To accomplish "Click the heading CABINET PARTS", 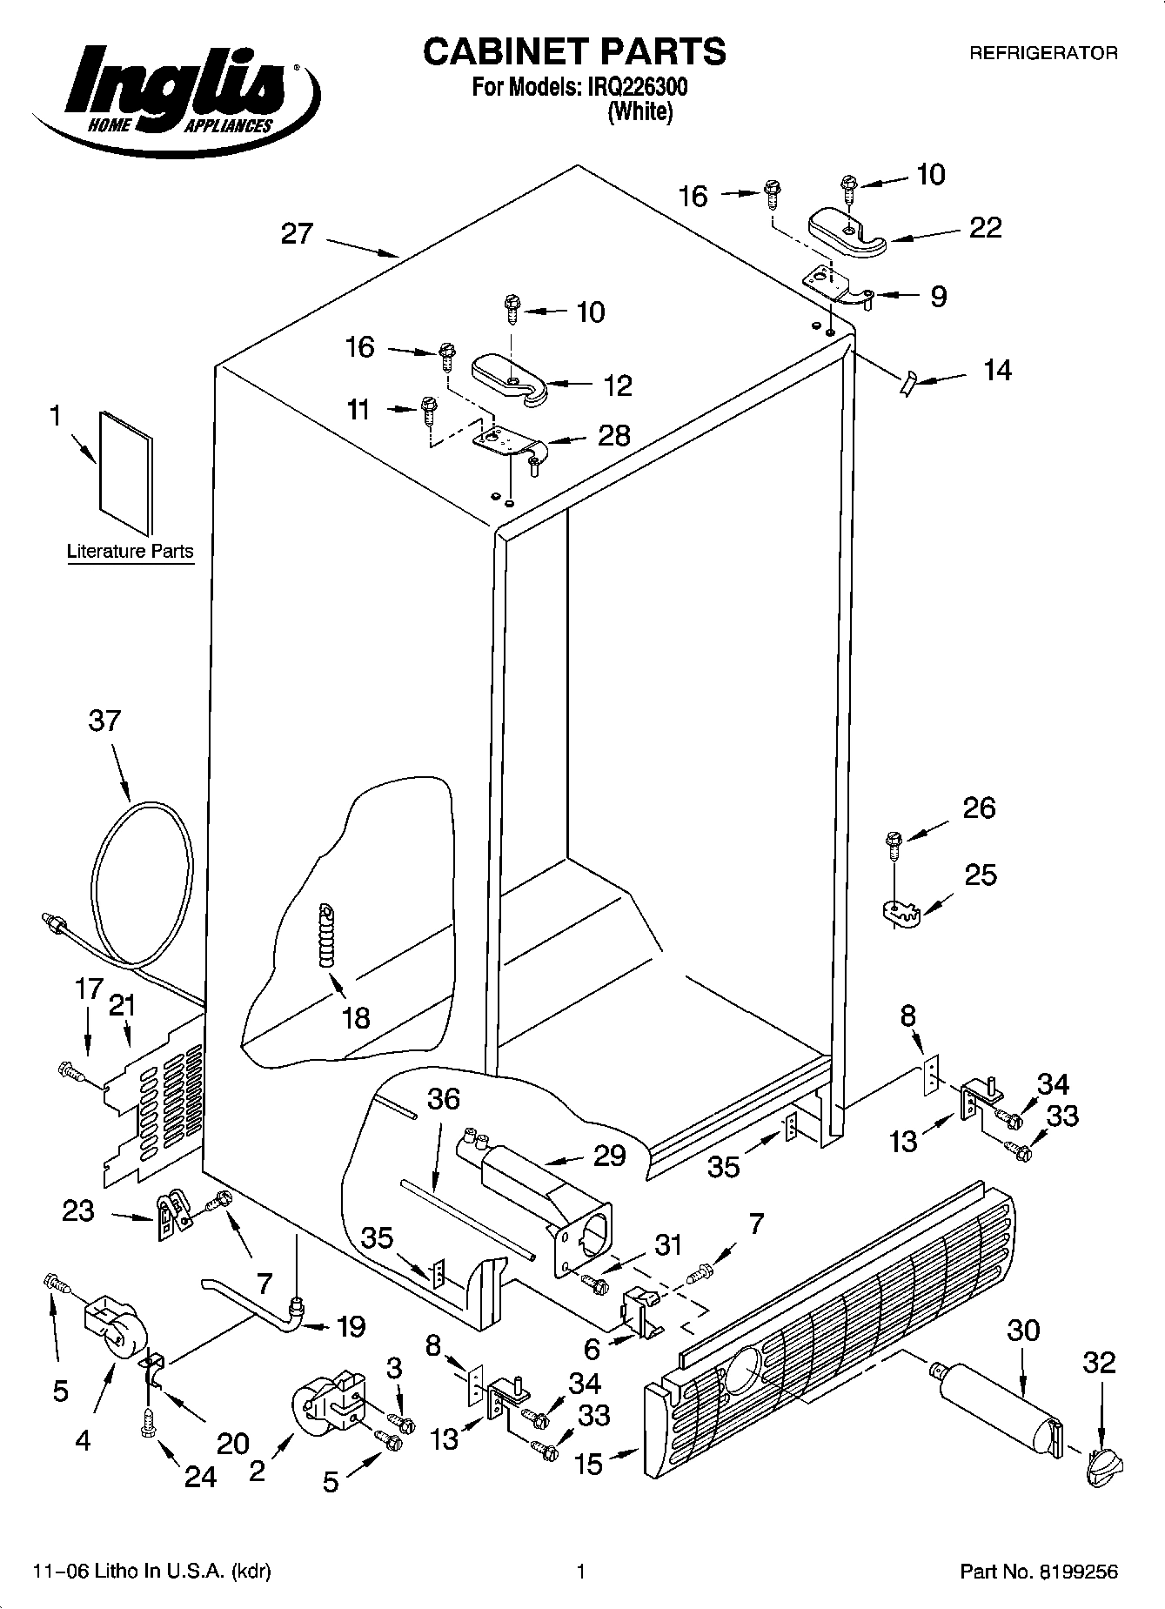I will (x=574, y=52).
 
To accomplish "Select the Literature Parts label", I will (x=131, y=552).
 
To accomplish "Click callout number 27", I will (x=297, y=234).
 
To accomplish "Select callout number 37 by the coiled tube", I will (x=105, y=721).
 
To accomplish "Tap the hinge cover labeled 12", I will (x=509, y=377).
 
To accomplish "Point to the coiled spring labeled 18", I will (x=325, y=934).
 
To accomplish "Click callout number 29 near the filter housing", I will (x=610, y=1156).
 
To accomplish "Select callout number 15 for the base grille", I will (x=589, y=1464).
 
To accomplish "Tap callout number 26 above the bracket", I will (x=979, y=808).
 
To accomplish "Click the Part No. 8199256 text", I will (x=1039, y=1572).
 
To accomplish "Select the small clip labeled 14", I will (x=907, y=381).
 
